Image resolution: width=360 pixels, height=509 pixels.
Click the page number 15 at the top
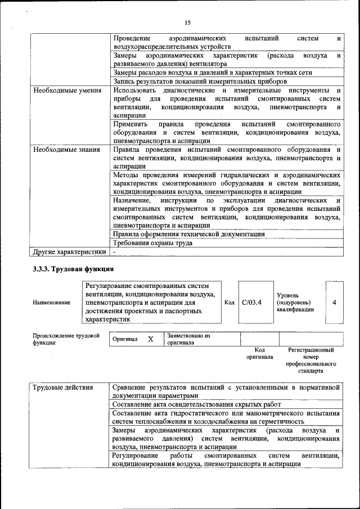click(x=187, y=22)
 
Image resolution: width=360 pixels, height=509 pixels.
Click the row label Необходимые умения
click(x=67, y=90)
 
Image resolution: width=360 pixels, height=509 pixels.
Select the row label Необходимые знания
click(x=66, y=150)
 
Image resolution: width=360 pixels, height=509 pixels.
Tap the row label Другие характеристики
click(x=69, y=251)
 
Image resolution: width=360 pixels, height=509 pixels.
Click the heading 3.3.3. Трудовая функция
click(x=73, y=269)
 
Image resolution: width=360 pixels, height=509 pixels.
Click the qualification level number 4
click(x=334, y=303)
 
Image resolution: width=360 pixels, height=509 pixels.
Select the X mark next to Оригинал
click(x=150, y=339)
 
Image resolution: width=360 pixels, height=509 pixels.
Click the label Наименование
click(x=52, y=303)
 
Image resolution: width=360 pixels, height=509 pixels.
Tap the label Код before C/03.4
click(x=229, y=303)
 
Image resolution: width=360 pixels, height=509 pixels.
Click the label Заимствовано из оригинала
click(x=188, y=339)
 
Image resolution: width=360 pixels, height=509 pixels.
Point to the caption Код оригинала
click(x=259, y=353)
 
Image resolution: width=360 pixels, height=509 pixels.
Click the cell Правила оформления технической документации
click(x=188, y=234)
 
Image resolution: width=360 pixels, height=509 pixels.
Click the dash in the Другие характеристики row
click(x=114, y=252)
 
